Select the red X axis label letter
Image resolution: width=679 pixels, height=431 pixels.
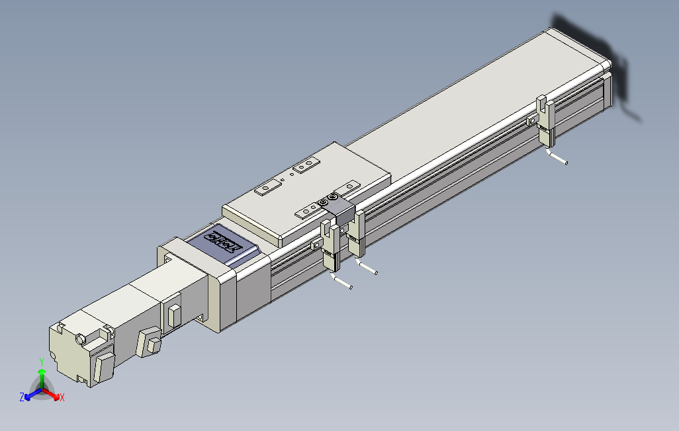click(62, 398)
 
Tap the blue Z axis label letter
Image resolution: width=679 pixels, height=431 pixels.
click(22, 397)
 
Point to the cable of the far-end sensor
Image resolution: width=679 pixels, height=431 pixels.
click(558, 158)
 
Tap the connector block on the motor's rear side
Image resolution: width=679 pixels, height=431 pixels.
click(103, 367)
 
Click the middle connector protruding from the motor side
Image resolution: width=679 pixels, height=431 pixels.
click(149, 342)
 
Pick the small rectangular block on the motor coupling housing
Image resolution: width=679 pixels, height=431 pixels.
click(175, 315)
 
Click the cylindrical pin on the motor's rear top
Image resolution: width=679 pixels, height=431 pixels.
click(82, 338)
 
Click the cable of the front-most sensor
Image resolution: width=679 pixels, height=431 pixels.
click(341, 283)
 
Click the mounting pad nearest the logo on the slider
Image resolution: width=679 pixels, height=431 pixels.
click(267, 189)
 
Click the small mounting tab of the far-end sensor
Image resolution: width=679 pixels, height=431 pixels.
click(532, 120)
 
